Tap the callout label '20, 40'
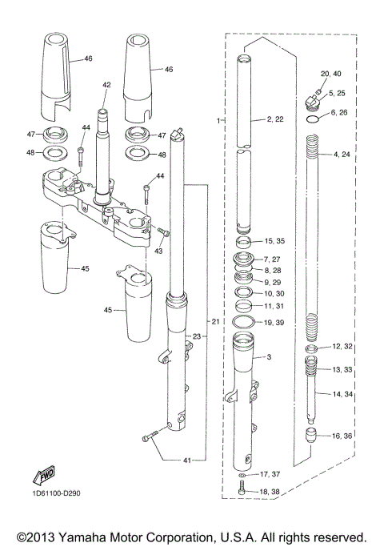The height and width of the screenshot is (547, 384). point(330,74)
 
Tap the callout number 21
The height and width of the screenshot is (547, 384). point(215,321)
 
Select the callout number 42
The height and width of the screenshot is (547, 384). point(106,85)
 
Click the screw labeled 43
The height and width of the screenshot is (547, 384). point(163,232)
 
